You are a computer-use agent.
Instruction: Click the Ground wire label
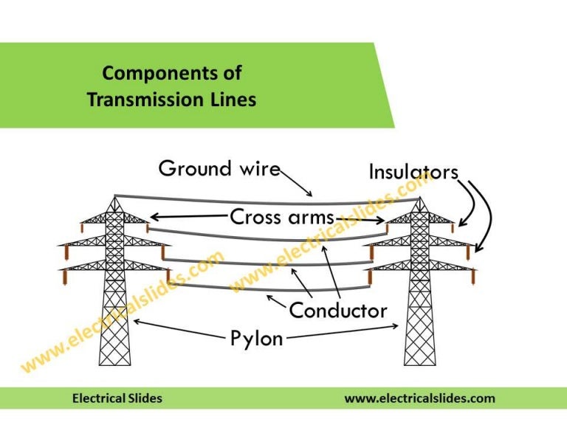pos(219,168)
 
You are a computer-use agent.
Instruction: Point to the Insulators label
pos(413,172)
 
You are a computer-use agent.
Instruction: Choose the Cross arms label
pos(282,217)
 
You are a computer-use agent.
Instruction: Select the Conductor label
pos(337,310)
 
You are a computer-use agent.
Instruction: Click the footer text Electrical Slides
pos(117,398)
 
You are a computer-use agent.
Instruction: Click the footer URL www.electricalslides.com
pos(419,398)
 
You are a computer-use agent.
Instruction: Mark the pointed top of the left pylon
pos(114,196)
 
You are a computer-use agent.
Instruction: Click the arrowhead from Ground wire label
pos(314,195)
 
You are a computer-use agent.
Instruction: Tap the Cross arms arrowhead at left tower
pos(153,217)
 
